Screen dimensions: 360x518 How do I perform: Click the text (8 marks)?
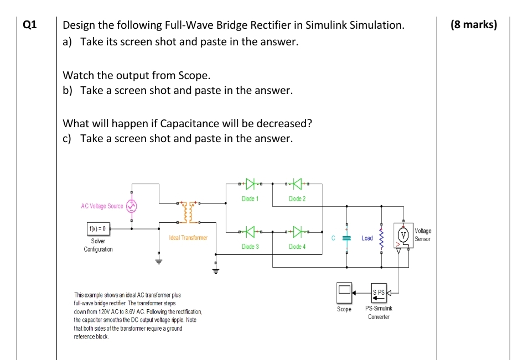click(x=474, y=25)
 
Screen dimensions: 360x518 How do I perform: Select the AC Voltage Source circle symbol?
click(x=132, y=206)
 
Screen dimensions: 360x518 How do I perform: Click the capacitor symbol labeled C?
click(x=347, y=238)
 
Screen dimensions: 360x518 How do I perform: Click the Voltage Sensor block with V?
click(x=404, y=235)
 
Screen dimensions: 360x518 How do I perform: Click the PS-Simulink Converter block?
click(x=379, y=292)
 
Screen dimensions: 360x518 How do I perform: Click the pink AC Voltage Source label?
click(x=102, y=206)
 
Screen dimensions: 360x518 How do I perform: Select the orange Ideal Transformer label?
click(x=188, y=238)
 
